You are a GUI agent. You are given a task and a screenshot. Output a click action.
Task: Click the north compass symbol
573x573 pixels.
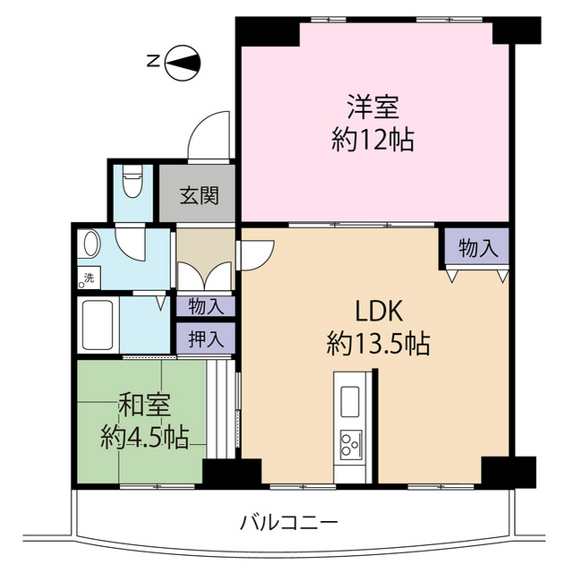(x=183, y=63)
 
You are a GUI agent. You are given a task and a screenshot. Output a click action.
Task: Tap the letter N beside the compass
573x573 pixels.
(x=153, y=61)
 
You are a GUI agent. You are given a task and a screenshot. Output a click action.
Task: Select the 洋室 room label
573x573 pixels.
(x=373, y=107)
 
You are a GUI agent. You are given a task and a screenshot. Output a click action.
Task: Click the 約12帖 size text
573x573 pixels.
(x=373, y=140)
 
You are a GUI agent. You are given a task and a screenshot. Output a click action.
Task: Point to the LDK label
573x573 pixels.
(x=379, y=311)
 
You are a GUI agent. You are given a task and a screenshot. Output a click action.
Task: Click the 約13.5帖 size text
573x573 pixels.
(x=379, y=343)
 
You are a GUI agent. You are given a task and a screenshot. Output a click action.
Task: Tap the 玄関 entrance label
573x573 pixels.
(x=199, y=195)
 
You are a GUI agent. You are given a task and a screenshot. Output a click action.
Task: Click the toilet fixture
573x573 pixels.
(x=133, y=181)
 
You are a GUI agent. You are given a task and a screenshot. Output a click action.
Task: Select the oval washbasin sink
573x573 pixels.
(x=92, y=243)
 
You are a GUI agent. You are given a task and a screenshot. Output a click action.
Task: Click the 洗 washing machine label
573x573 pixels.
(x=89, y=278)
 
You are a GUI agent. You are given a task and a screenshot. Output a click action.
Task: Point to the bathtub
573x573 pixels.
(x=98, y=325)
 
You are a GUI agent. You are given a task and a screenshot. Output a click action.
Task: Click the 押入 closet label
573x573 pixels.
(x=206, y=338)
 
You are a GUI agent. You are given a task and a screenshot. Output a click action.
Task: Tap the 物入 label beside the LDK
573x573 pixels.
(x=478, y=249)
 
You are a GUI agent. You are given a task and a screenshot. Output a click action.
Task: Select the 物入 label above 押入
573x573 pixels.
(x=206, y=306)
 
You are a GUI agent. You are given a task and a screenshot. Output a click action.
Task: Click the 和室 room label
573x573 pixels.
(x=145, y=404)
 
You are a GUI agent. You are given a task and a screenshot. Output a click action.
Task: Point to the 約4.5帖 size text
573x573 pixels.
(x=145, y=436)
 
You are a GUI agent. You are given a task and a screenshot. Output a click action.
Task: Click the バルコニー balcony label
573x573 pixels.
(x=288, y=523)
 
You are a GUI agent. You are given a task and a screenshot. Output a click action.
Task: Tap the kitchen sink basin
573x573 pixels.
(x=351, y=401)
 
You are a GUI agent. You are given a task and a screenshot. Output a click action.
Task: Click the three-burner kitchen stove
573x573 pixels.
(x=351, y=445)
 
